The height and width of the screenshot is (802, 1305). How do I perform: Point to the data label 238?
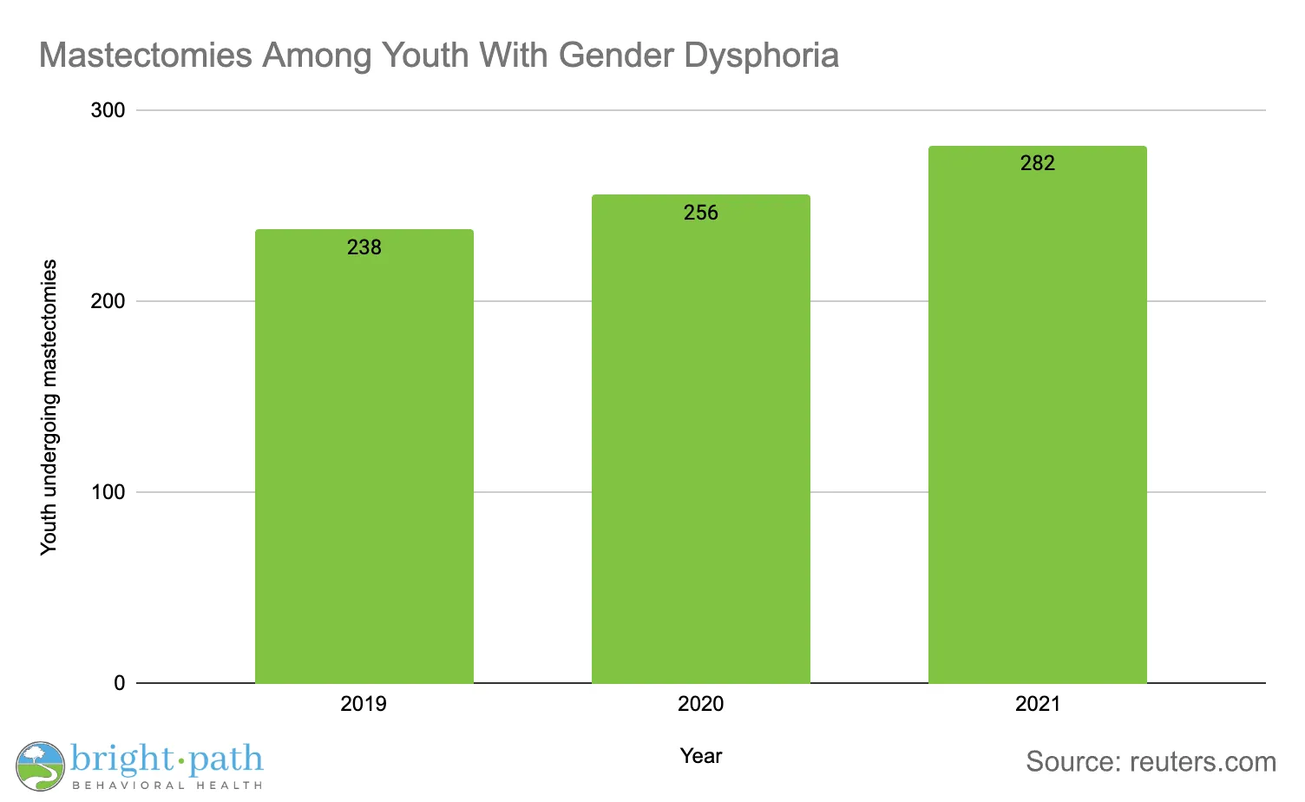[x=364, y=247]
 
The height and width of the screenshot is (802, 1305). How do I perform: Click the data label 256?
[x=701, y=213]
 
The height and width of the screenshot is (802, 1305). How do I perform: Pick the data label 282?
[x=1038, y=163]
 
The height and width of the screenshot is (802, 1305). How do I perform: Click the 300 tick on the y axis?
[x=108, y=110]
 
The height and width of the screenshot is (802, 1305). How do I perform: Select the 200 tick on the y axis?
[x=108, y=301]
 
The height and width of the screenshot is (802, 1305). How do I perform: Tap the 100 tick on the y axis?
[x=108, y=492]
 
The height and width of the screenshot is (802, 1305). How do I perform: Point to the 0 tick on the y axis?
[x=120, y=683]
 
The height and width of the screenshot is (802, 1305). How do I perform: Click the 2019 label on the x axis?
[x=364, y=703]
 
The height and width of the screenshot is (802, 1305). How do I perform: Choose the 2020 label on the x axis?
[x=701, y=703]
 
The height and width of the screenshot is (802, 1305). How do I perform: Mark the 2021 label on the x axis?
[x=1038, y=703]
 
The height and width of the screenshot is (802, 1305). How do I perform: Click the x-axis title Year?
[x=701, y=756]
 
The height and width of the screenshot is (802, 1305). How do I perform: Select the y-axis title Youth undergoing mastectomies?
[x=49, y=407]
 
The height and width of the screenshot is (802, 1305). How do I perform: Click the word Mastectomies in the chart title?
[x=146, y=56]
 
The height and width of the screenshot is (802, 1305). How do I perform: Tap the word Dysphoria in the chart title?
[x=761, y=56]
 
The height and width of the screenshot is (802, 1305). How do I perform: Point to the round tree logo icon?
[x=40, y=766]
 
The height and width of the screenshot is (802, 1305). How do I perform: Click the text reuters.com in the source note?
[x=1203, y=762]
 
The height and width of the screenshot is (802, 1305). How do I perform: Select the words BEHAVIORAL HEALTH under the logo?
[x=167, y=786]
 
